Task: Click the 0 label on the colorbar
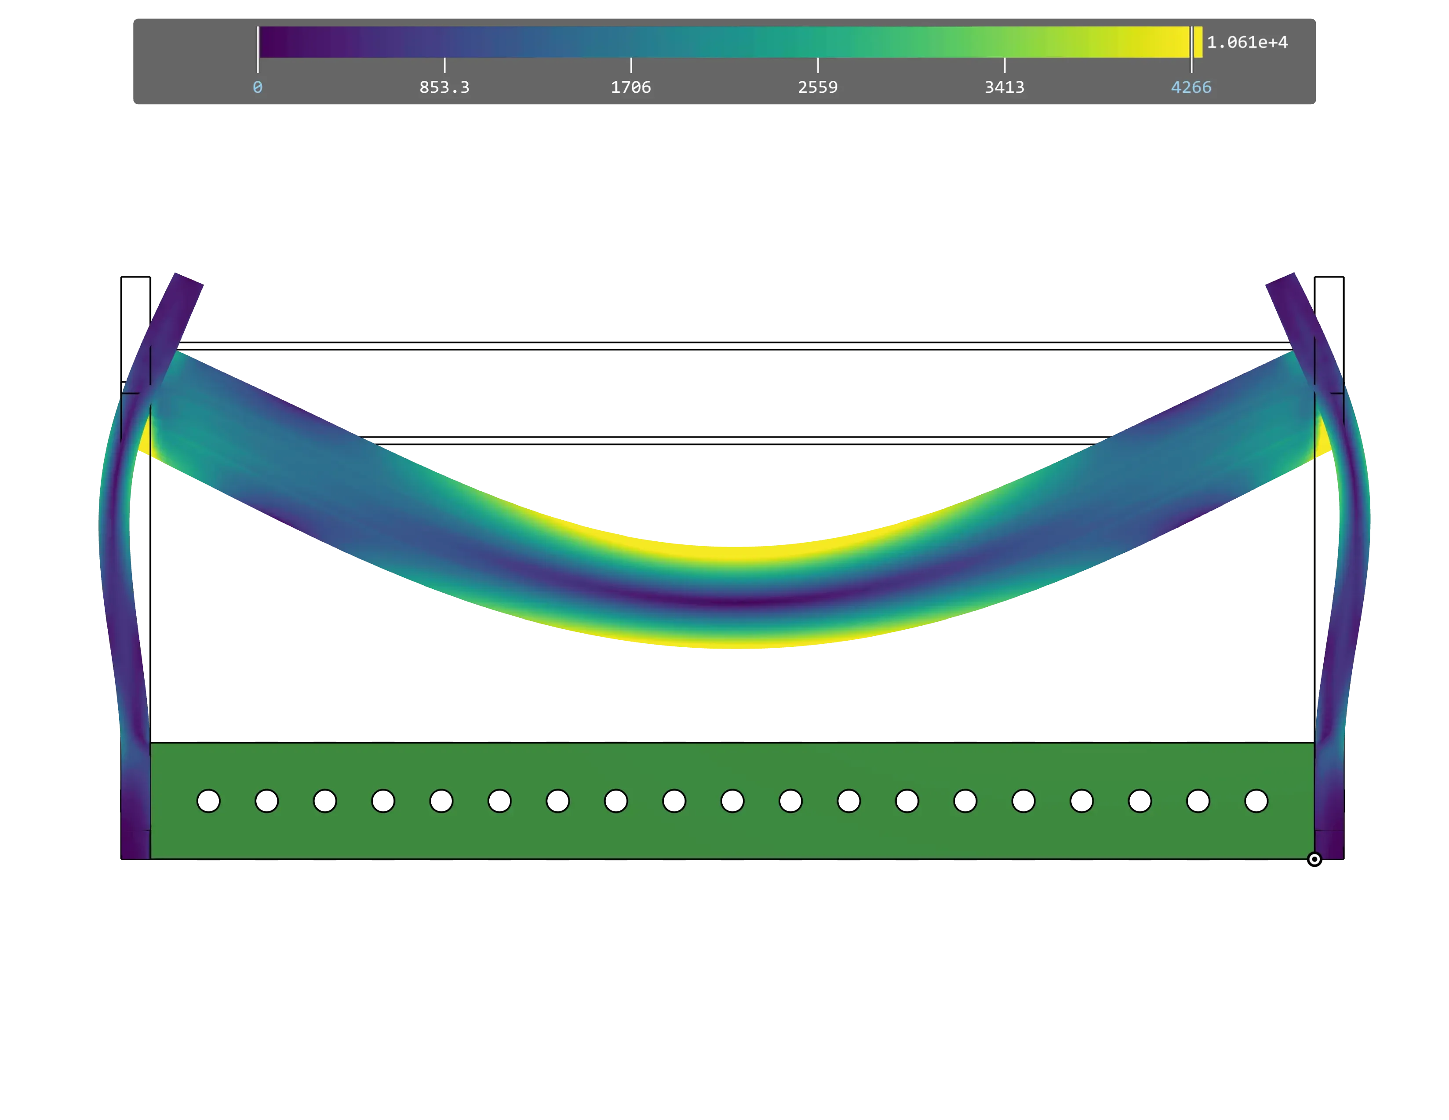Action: coord(258,88)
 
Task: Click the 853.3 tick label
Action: coord(444,88)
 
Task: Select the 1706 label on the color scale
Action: coord(630,88)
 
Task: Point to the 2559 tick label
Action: coord(817,88)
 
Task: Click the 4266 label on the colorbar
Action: coord(1191,88)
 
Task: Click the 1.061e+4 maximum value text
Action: coord(1247,43)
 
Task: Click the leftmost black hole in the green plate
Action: coord(208,801)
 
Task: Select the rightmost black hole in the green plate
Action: coord(1256,801)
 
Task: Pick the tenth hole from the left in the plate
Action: coord(732,801)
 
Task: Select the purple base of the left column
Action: coord(135,843)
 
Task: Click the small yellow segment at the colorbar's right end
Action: coord(1198,43)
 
